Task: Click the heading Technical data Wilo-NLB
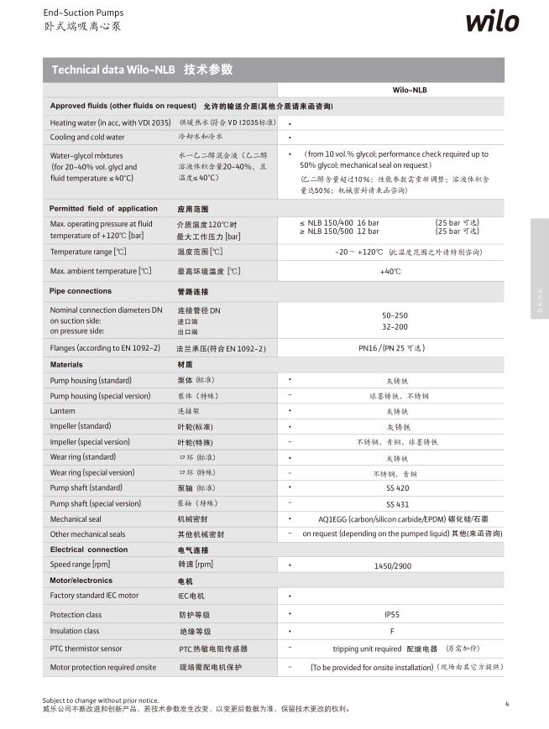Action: click(x=113, y=70)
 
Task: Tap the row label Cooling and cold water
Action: click(x=87, y=137)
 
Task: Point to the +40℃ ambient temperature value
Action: click(x=390, y=271)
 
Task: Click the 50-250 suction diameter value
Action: click(x=395, y=315)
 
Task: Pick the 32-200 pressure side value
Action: click(x=395, y=326)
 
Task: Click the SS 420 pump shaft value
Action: click(x=397, y=487)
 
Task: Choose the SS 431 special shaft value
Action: click(x=397, y=503)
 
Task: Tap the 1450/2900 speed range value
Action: click(x=393, y=565)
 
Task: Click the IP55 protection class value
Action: click(x=391, y=614)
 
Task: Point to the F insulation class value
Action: click(x=391, y=631)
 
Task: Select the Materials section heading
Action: click(x=66, y=365)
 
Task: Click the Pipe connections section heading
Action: click(x=81, y=291)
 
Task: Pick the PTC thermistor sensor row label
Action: click(x=86, y=648)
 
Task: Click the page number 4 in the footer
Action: click(x=507, y=703)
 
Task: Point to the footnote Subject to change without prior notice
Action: click(x=101, y=700)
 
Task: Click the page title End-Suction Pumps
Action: click(x=83, y=13)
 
